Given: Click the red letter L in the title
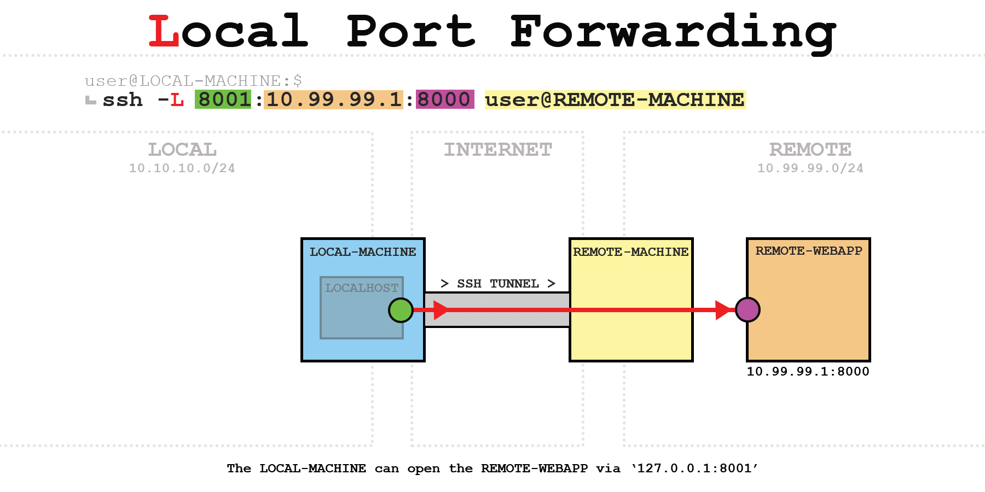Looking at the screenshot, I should tap(164, 31).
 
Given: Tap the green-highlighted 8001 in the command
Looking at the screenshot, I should tap(223, 99).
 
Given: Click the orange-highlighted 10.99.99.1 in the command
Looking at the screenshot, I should tap(334, 99).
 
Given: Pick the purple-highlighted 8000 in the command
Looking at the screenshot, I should tap(444, 99).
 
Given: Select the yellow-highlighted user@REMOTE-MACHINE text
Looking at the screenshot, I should tap(615, 99).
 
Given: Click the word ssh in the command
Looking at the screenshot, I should tap(123, 100).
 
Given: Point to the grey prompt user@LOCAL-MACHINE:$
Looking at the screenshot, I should tap(193, 81).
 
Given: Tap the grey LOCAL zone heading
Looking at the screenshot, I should tap(182, 149).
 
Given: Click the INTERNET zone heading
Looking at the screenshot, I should tap(498, 149).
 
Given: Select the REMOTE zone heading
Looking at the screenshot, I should tap(810, 149).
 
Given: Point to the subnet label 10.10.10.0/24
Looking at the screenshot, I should tap(182, 168).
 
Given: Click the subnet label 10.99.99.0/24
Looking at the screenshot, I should tap(810, 168).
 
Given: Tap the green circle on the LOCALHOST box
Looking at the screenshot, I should tap(401, 311).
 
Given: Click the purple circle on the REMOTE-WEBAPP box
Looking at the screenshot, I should tap(748, 310).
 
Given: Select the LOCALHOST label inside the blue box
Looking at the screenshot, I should tap(362, 288).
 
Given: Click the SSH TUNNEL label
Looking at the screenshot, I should tap(498, 284).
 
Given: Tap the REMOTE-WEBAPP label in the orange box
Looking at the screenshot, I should tap(809, 251).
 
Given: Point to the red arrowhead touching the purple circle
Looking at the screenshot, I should tap(724, 310).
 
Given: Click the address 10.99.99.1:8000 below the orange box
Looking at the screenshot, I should tap(808, 372).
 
